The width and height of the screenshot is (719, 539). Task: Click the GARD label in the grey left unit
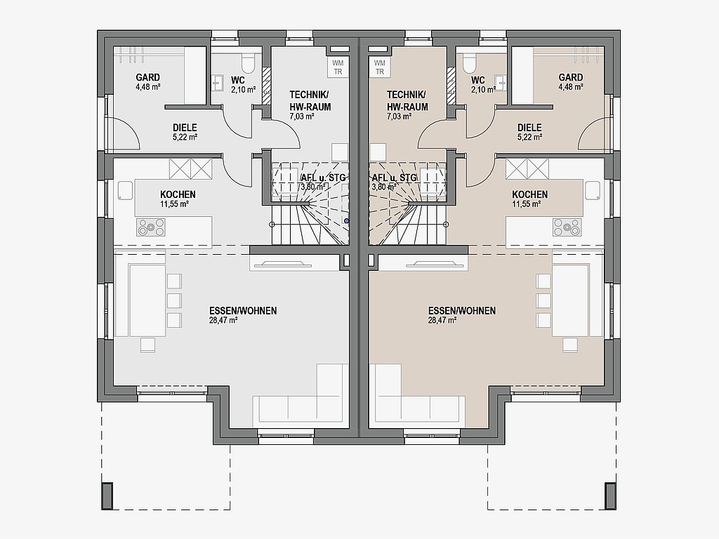pos(147,77)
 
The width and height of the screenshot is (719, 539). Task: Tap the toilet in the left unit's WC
pos(248,64)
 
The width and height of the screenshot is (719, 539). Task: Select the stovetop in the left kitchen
pos(151,227)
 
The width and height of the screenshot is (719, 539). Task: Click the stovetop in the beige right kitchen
pos(567,227)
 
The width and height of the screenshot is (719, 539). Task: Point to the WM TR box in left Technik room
pos(338,67)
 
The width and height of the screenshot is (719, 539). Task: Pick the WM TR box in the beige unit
pos(380,67)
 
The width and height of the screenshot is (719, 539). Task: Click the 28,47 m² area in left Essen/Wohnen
pos(223,321)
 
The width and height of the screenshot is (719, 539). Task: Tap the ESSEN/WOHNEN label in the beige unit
pos(462,311)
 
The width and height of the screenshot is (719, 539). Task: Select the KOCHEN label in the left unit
pos(178,194)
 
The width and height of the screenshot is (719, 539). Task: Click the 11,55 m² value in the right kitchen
pos(527,204)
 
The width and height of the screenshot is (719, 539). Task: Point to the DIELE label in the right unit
pos(529,128)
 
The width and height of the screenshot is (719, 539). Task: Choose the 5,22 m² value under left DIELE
pos(185,137)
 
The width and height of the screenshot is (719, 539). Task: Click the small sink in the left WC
pos(218,84)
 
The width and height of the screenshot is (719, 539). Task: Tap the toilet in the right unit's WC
pos(470,64)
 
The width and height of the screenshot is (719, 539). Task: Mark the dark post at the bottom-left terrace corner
pos(107,496)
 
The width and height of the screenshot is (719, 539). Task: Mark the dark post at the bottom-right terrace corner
pos(611,496)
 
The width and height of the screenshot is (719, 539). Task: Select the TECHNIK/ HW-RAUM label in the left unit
pos(310,101)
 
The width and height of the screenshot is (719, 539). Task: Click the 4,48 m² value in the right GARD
pos(571,87)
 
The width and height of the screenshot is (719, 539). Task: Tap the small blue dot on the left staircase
pos(347,221)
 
